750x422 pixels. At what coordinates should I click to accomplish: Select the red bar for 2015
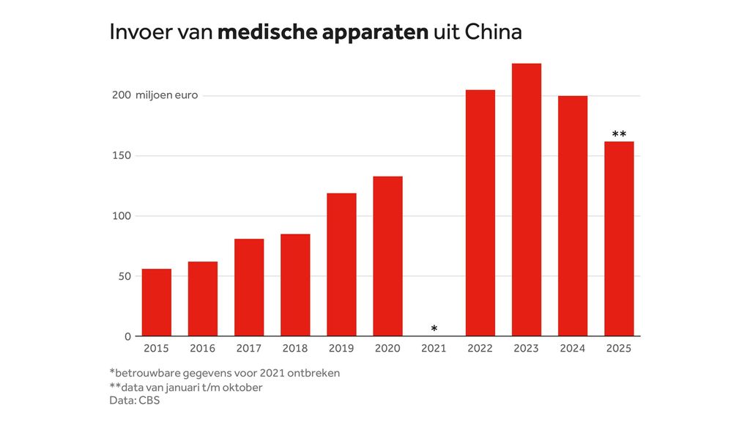click(x=156, y=303)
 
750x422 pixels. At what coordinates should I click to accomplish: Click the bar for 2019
click(x=341, y=264)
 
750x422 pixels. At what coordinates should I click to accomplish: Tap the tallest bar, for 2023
click(x=526, y=200)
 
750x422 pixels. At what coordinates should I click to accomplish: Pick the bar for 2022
click(x=480, y=213)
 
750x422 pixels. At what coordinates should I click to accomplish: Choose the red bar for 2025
click(x=619, y=239)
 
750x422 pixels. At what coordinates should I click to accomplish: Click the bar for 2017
click(x=249, y=287)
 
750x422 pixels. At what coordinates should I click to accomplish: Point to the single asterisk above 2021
click(x=434, y=328)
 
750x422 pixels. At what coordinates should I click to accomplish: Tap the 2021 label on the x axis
click(x=434, y=349)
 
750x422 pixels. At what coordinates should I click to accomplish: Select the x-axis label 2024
click(x=572, y=349)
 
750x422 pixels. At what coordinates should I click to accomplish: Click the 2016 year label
click(x=203, y=349)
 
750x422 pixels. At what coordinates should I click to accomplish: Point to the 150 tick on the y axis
click(x=121, y=156)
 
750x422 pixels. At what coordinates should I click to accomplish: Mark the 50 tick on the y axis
click(x=124, y=276)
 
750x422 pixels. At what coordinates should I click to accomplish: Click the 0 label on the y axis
click(x=127, y=337)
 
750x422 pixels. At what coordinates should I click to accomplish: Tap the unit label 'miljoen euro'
click(x=166, y=95)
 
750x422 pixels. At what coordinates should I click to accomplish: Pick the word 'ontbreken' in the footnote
click(x=316, y=373)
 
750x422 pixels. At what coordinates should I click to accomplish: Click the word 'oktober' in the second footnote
click(x=242, y=388)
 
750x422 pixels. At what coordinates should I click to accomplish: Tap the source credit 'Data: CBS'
click(x=134, y=401)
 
